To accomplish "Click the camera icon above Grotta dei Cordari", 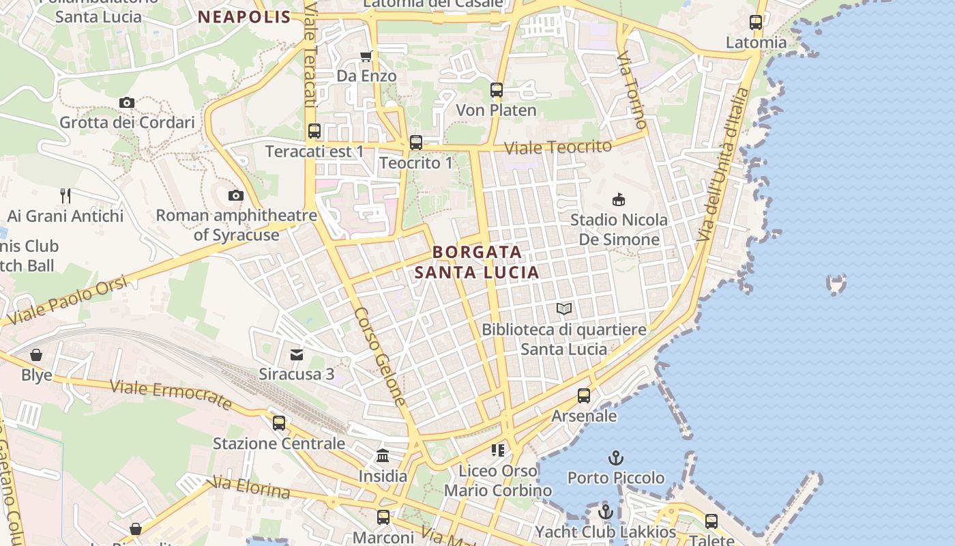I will click(x=126, y=102).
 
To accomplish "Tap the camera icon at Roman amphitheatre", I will click(x=235, y=195).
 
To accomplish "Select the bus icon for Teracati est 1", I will click(x=314, y=130).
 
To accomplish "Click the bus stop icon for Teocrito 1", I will click(x=415, y=142).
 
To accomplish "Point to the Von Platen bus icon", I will click(x=496, y=89).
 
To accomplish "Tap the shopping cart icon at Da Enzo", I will click(x=366, y=56).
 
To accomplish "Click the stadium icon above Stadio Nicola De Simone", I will click(x=618, y=199).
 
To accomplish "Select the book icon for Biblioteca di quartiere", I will click(x=563, y=308).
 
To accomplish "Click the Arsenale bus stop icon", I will click(x=583, y=395).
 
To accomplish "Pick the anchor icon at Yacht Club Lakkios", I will click(x=605, y=511).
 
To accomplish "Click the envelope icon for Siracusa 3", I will click(x=296, y=354).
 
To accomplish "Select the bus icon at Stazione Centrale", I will click(x=278, y=422).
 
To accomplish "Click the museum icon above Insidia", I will click(x=382, y=455).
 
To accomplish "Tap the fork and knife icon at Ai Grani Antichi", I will click(x=65, y=195).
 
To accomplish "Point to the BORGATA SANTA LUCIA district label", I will click(x=477, y=262).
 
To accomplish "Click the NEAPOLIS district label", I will click(x=244, y=17).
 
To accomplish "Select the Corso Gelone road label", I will click(x=380, y=356).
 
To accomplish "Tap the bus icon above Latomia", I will click(x=755, y=22).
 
